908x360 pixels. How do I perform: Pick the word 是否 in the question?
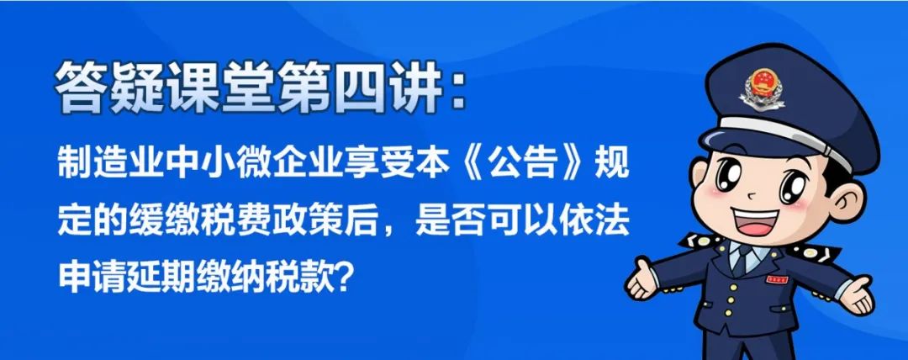tap(449, 221)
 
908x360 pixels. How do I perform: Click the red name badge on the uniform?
tap(777, 279)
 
